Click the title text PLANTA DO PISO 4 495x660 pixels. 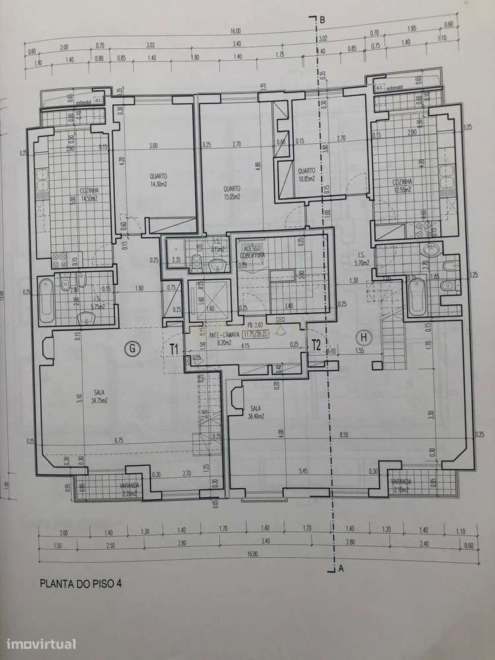[x=81, y=583]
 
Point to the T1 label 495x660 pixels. [x=176, y=348]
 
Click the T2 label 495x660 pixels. [x=316, y=343]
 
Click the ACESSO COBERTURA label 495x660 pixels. [x=251, y=251]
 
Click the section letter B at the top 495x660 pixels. [x=322, y=20]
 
